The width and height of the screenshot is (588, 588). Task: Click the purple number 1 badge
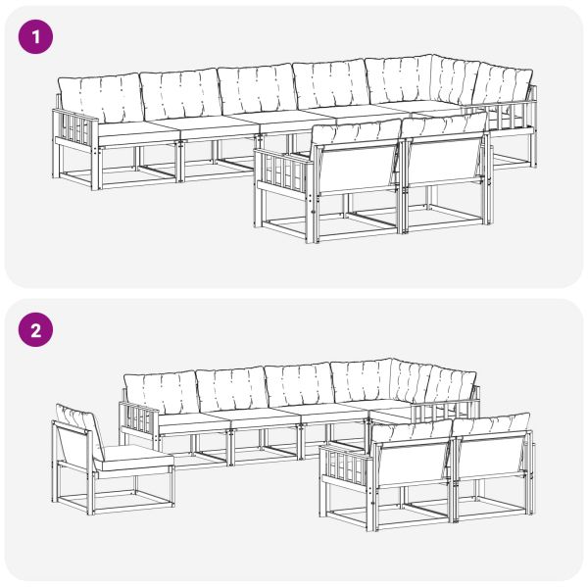(37, 38)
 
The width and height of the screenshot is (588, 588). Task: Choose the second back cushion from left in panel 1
(179, 94)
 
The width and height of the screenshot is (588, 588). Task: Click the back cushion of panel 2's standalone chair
(76, 421)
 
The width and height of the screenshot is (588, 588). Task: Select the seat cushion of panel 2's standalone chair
(134, 456)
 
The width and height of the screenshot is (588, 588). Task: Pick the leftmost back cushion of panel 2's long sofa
(159, 394)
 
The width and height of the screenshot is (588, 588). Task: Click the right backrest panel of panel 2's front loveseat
(491, 456)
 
